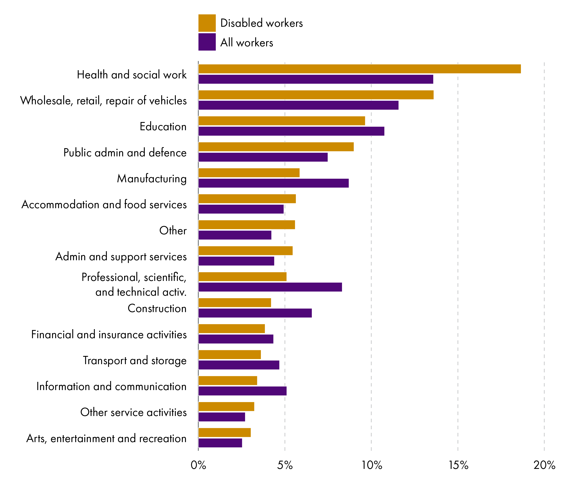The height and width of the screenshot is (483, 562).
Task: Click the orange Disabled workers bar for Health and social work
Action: coord(359,69)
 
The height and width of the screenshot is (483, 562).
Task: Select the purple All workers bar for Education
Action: coord(291,131)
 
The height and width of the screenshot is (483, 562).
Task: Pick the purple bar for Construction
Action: coord(255,313)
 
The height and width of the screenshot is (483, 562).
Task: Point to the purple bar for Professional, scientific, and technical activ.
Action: coord(270,287)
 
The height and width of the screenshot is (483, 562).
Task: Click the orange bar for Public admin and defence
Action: coord(276,147)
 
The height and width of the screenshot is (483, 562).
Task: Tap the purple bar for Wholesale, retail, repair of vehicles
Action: coord(298,105)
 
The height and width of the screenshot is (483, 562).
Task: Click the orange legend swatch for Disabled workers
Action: coord(207,23)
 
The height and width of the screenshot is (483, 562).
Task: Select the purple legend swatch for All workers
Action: coord(207,42)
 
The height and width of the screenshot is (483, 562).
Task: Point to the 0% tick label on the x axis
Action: coord(198,465)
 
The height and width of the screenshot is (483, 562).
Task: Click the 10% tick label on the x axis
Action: coord(372,465)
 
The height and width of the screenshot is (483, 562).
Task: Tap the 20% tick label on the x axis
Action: coord(544,465)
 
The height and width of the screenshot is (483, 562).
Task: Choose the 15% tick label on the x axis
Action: coord(458,465)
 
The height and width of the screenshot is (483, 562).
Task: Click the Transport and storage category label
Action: coord(135,360)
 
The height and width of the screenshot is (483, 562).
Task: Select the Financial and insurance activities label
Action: coord(109,334)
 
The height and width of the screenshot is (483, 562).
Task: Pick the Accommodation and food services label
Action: coord(104,204)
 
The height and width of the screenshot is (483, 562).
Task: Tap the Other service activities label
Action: coord(133,412)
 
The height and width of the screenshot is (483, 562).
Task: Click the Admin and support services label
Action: coord(121,256)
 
